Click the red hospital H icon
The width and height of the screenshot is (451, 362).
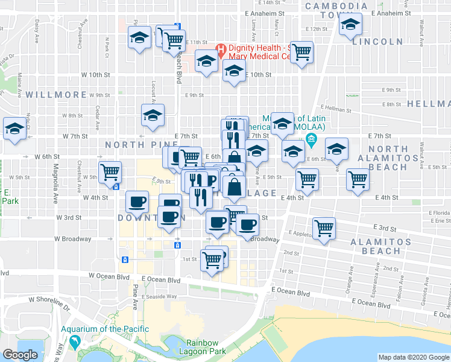(x=221, y=48)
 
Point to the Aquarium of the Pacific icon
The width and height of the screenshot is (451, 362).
(x=75, y=342)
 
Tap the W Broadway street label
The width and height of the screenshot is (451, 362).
(x=72, y=238)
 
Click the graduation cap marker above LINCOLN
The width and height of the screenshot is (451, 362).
(x=350, y=25)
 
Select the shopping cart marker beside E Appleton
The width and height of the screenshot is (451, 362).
(x=324, y=228)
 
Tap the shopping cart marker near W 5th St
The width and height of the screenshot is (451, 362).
(x=110, y=172)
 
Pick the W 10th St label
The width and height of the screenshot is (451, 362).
(x=96, y=75)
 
